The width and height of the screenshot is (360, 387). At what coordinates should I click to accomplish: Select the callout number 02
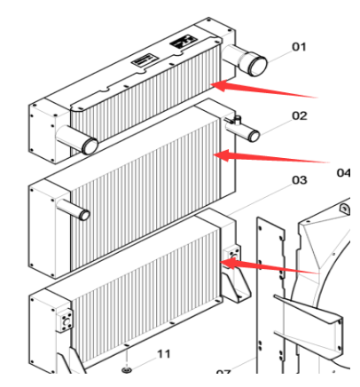(299, 115)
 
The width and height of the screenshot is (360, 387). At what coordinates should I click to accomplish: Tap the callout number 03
(299, 180)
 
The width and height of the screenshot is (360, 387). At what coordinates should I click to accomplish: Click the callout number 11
(163, 353)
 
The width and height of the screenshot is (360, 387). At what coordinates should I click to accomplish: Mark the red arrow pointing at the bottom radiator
(266, 265)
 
